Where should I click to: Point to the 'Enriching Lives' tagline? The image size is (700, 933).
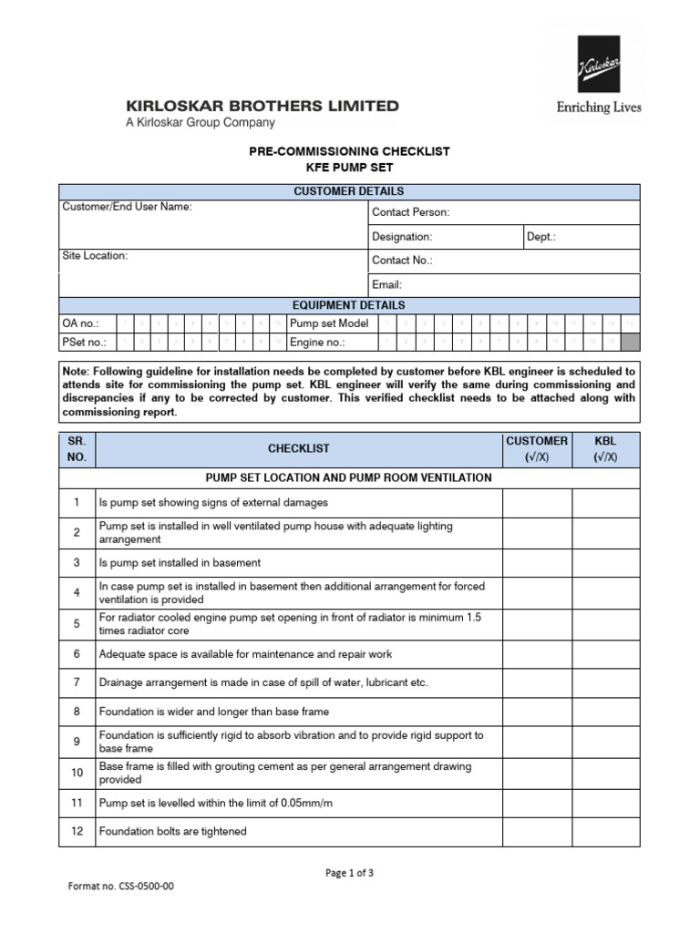(x=599, y=108)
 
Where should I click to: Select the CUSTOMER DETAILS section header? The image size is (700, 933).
(x=349, y=191)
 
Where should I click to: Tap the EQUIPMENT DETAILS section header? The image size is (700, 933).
(x=349, y=305)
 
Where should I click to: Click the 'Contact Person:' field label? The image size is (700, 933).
(x=411, y=212)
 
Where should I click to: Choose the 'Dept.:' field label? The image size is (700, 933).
(x=541, y=237)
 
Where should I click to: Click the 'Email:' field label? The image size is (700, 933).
(x=387, y=284)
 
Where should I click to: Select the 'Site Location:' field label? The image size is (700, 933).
(x=95, y=256)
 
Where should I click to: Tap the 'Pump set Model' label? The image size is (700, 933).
(x=329, y=323)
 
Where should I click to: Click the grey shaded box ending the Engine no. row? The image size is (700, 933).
(x=630, y=343)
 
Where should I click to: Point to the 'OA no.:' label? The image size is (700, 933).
(x=81, y=323)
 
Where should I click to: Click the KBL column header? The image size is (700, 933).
(x=606, y=448)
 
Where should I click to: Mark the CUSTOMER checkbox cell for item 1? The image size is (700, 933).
(x=537, y=502)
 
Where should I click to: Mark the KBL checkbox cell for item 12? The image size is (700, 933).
(x=606, y=831)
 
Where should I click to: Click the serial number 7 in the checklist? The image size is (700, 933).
(x=77, y=682)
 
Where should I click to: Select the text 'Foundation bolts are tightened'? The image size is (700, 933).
(x=173, y=831)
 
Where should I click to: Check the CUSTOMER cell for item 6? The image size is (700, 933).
(x=537, y=654)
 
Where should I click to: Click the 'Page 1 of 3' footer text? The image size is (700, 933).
(x=350, y=872)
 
